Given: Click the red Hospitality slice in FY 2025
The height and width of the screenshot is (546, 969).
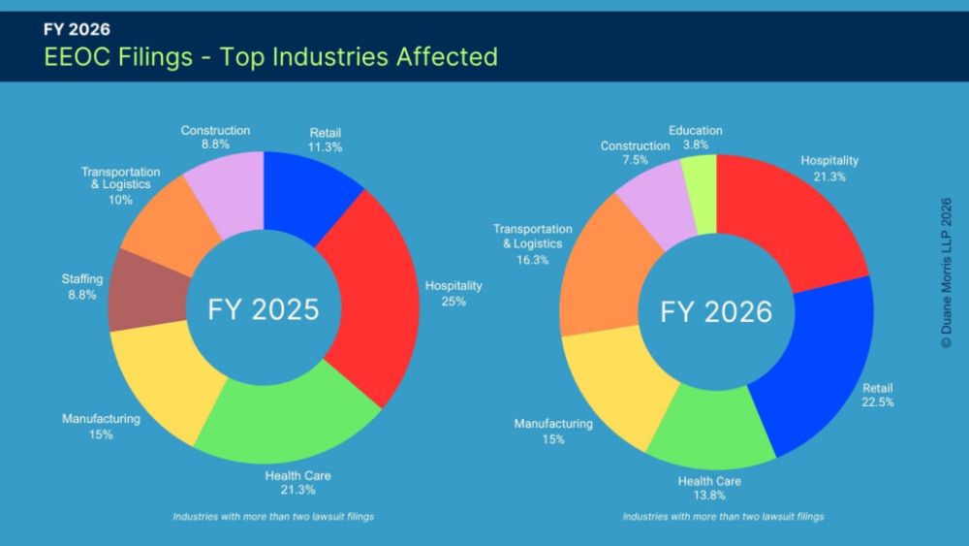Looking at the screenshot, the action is pyautogui.click(x=374, y=297).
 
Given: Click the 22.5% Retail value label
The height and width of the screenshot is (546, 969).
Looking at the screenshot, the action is pyautogui.click(x=878, y=402).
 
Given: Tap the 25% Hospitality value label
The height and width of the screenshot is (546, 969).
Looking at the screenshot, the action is pyautogui.click(x=453, y=302).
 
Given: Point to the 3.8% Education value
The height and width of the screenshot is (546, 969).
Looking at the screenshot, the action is pyautogui.click(x=695, y=145).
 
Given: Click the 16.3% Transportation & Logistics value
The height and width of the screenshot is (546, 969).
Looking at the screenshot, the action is pyautogui.click(x=533, y=260).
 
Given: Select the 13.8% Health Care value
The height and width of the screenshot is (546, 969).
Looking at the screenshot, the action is pyautogui.click(x=709, y=496).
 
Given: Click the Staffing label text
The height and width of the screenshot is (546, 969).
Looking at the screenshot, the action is pyautogui.click(x=82, y=279).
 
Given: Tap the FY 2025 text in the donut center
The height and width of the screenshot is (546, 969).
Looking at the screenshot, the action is pyautogui.click(x=264, y=309).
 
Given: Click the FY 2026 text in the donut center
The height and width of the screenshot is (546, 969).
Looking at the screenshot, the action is pyautogui.click(x=716, y=311).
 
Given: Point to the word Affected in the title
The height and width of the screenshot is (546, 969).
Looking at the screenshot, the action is pyautogui.click(x=447, y=56).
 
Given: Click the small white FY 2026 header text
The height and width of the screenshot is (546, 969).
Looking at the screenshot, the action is pyautogui.click(x=77, y=29).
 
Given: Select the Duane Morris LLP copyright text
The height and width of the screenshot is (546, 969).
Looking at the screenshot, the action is pyautogui.click(x=946, y=273).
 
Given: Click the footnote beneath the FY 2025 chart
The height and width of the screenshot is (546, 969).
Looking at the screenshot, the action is pyautogui.click(x=273, y=516).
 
